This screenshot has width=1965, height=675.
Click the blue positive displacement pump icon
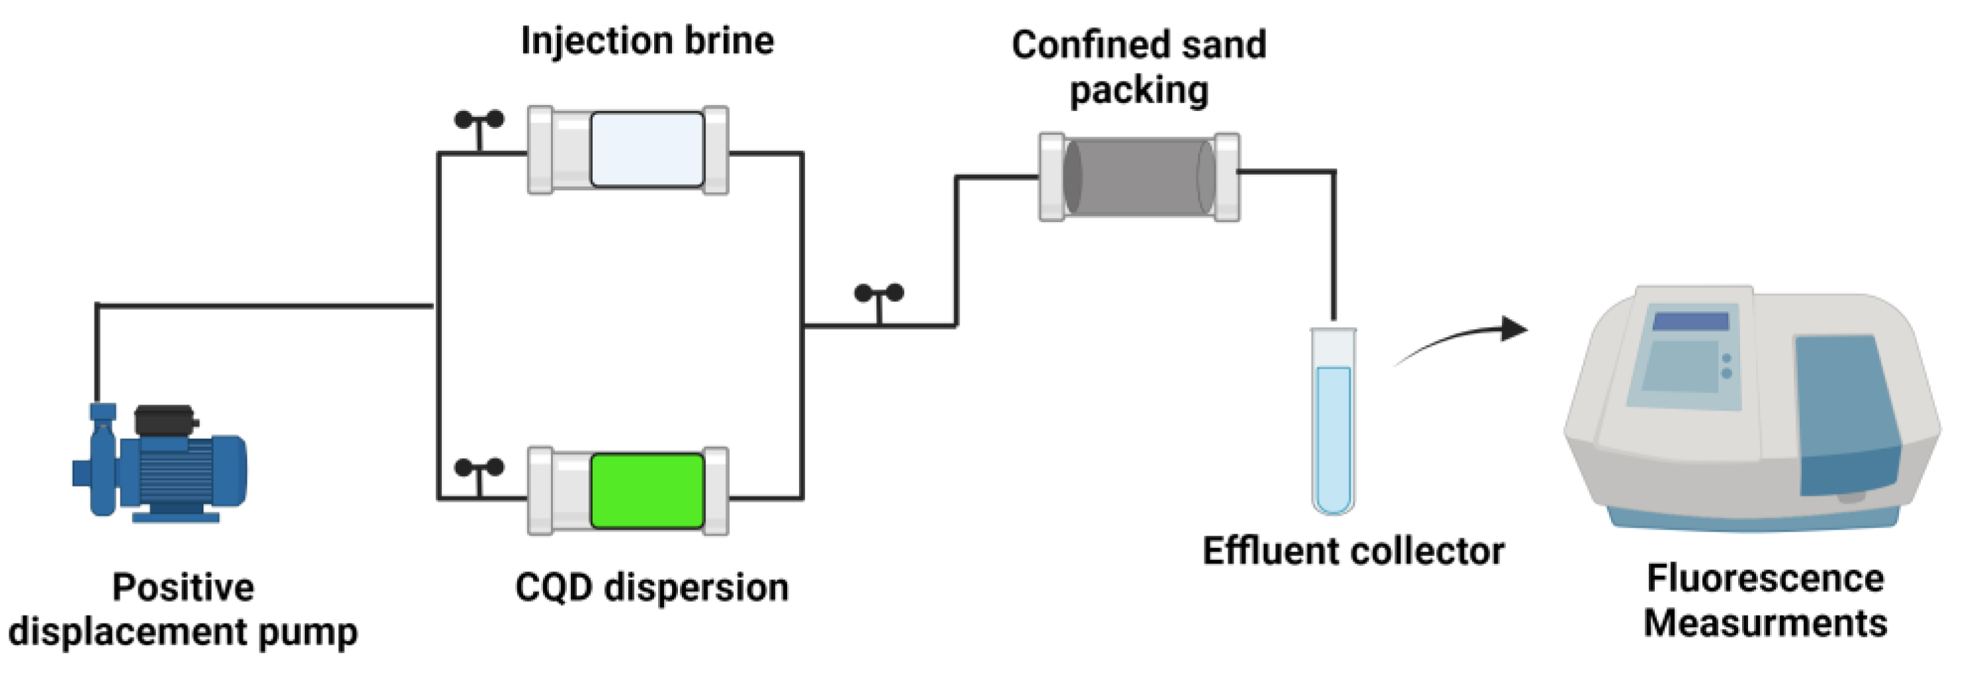[x=160, y=465]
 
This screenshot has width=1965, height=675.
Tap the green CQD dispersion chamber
[x=647, y=491]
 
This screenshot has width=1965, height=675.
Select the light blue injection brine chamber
[x=647, y=149]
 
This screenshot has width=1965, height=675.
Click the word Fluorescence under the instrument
[x=1765, y=578]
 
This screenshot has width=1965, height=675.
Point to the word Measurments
[x=1765, y=623]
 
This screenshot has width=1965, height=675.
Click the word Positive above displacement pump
[x=183, y=588]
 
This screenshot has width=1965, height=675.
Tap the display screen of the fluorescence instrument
[x=1691, y=321]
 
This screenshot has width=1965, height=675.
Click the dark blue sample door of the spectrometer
[x=1846, y=412]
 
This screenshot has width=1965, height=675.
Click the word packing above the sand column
[x=1138, y=91]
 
